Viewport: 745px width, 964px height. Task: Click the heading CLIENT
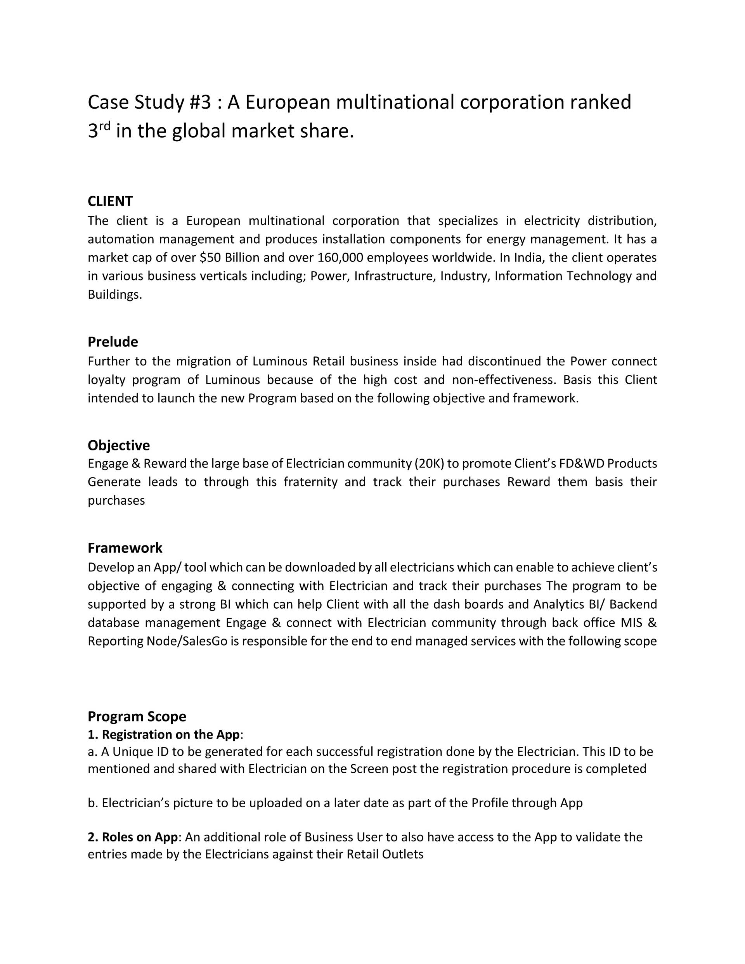click(x=110, y=201)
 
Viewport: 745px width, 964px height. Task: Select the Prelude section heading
click(x=113, y=342)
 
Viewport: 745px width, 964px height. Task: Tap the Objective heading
click(x=118, y=445)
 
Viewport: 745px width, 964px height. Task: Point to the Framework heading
click(x=125, y=548)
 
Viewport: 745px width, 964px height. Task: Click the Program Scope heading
click(x=137, y=716)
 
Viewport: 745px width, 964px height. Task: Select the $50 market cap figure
click(x=211, y=257)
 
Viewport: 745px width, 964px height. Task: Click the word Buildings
click(x=115, y=294)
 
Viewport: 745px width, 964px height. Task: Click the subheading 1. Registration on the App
click(x=163, y=734)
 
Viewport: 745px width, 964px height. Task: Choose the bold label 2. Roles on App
click(x=132, y=837)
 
